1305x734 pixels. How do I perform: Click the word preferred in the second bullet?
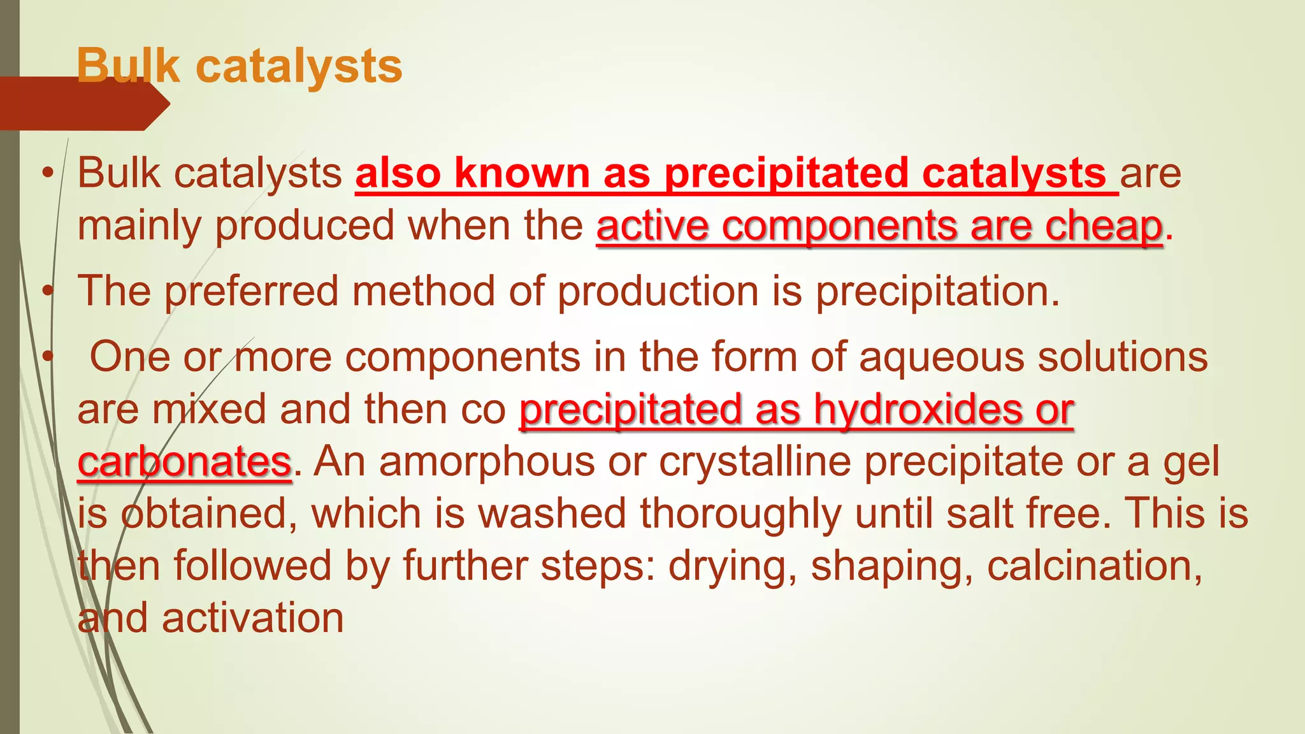pyautogui.click(x=252, y=291)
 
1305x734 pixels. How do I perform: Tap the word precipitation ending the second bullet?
pyautogui.click(x=937, y=291)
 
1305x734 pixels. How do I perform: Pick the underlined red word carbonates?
pyautogui.click(x=184, y=461)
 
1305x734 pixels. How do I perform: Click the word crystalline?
pyautogui.click(x=754, y=461)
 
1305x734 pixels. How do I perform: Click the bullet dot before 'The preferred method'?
pyautogui.click(x=47, y=291)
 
